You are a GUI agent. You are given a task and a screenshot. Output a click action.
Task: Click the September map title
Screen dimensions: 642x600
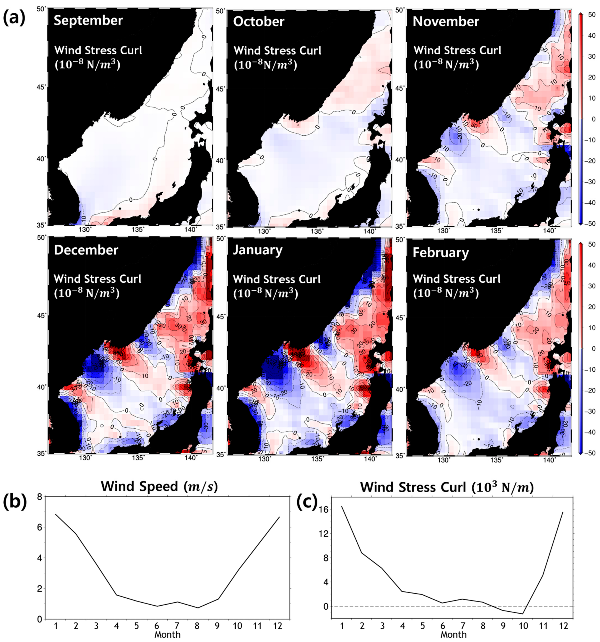click(x=88, y=21)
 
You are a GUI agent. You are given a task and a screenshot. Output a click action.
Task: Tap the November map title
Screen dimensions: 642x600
click(x=446, y=22)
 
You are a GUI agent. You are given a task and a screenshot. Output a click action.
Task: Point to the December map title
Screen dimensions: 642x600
click(x=86, y=250)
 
